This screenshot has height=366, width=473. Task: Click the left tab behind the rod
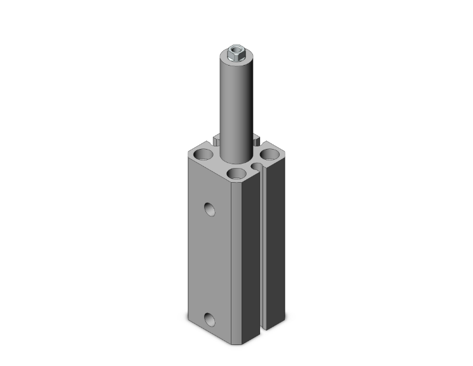pos(217,137)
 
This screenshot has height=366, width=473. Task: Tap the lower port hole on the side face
pos(210,318)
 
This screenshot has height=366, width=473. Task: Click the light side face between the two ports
pos(210,261)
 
